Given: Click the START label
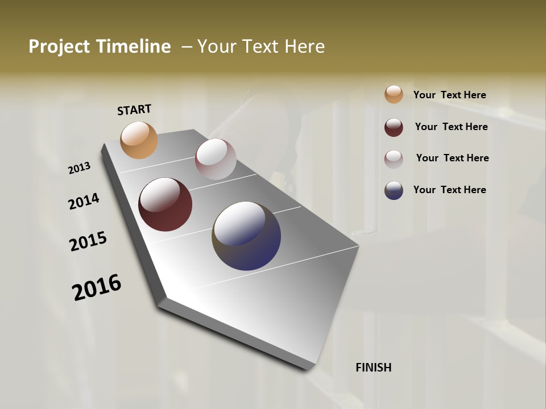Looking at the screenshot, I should (x=134, y=110).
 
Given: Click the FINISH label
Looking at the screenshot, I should (x=373, y=368).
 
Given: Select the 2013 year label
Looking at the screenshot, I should (x=79, y=168).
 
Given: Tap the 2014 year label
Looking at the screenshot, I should (x=84, y=202).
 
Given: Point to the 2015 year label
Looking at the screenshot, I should (x=88, y=241).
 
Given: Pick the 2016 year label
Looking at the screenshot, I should (x=97, y=287).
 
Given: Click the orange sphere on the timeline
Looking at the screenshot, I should (x=139, y=140).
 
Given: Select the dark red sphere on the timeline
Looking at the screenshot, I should (x=165, y=204).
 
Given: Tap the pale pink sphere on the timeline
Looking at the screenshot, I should (x=216, y=159).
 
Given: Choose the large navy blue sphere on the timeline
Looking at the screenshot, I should (x=246, y=236).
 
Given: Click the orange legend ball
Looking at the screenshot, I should (x=394, y=94).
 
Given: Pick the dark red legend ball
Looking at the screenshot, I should (x=394, y=127).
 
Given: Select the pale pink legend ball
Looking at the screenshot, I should (x=394, y=159).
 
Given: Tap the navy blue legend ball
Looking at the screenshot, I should (x=394, y=190).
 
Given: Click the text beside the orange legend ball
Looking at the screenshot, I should (x=449, y=95).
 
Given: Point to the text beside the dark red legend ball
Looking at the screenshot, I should (x=451, y=127).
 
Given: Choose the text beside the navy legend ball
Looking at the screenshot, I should (x=449, y=190).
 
